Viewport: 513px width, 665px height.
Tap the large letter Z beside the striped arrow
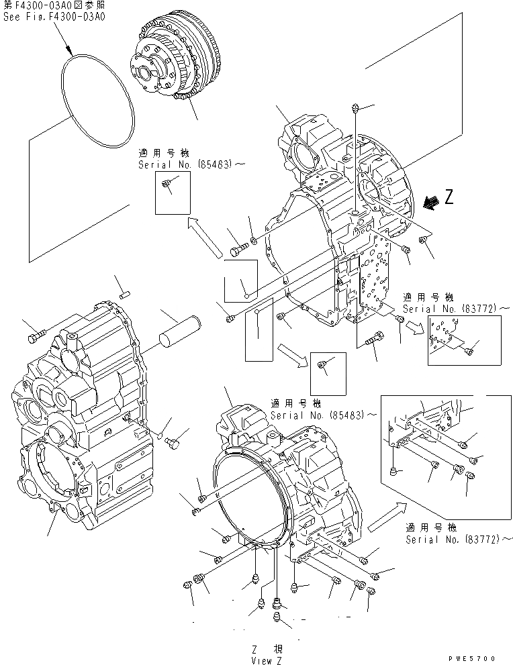[449, 197]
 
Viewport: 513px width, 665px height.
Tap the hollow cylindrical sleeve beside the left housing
[181, 332]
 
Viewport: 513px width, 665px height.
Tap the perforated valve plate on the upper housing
[379, 275]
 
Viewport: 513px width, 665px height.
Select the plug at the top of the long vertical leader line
[356, 107]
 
